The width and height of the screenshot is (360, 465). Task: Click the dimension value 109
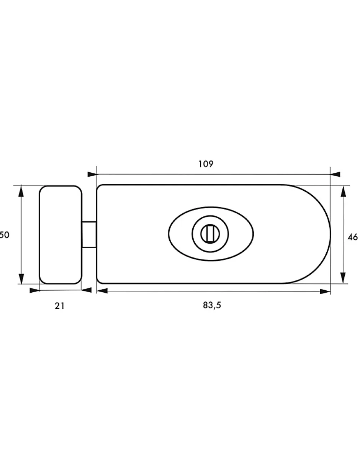(206, 164)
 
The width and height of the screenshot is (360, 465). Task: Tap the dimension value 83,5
(213, 305)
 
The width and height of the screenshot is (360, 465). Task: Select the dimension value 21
(59, 305)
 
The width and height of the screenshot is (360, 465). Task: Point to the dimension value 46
(352, 237)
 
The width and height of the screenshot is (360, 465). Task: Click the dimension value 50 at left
(5, 235)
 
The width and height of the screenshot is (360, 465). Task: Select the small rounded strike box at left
(61, 235)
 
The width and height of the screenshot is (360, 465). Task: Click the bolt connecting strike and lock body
(89, 234)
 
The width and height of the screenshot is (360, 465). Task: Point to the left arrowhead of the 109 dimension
(92, 174)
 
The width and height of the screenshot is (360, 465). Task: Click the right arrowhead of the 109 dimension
(335, 174)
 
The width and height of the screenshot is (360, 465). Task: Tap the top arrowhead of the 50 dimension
(21, 190)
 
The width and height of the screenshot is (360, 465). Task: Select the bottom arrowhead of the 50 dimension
(21, 279)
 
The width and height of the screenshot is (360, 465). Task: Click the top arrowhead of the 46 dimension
(343, 191)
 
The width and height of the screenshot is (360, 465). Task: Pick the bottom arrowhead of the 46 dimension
(343, 278)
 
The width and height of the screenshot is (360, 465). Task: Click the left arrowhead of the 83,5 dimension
(101, 292)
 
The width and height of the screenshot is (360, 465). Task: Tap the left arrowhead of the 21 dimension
(34, 290)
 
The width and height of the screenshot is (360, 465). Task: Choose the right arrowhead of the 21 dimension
(87, 290)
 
